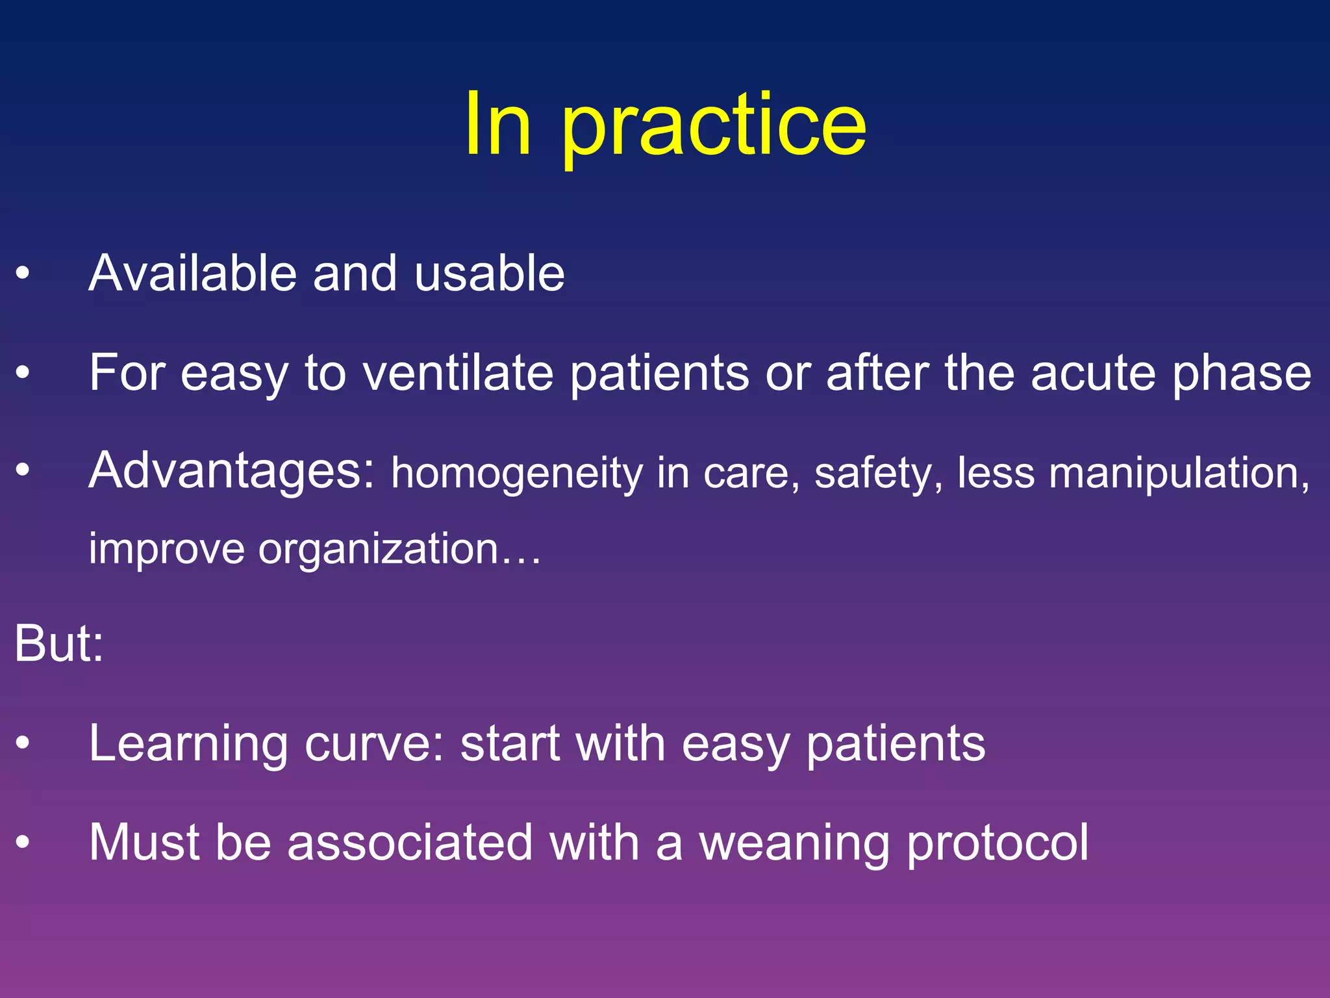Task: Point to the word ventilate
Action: (458, 373)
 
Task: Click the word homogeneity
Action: (516, 473)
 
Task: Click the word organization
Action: (378, 549)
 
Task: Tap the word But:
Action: (59, 644)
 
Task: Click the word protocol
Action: (997, 843)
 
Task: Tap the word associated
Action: (410, 843)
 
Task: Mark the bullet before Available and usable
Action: (23, 274)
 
